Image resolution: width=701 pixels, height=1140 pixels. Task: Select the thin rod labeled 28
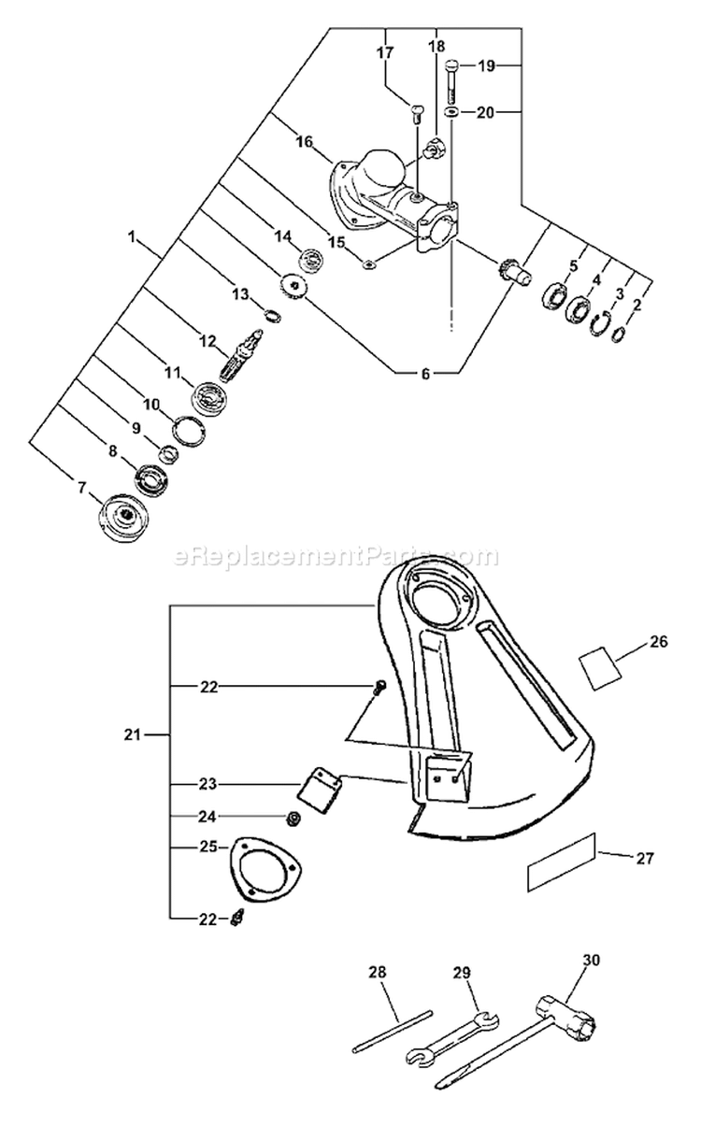coord(393,1033)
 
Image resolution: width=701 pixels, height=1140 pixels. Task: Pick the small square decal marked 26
coord(601,668)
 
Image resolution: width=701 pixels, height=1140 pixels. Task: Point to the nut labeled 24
coord(293,819)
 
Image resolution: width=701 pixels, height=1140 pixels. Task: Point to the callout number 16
coord(304,142)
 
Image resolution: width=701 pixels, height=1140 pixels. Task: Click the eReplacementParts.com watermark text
coord(337,558)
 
